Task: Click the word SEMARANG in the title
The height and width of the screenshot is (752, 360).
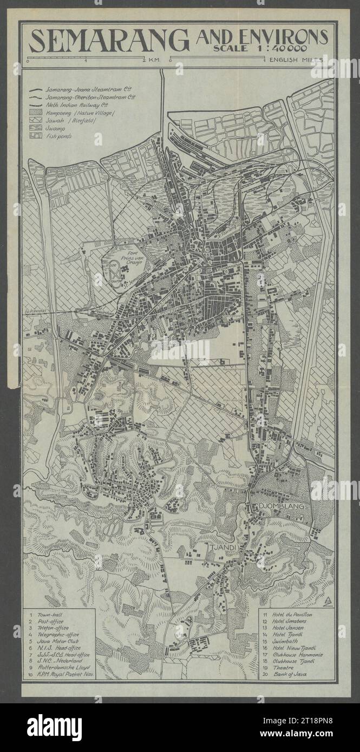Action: [109, 40]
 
